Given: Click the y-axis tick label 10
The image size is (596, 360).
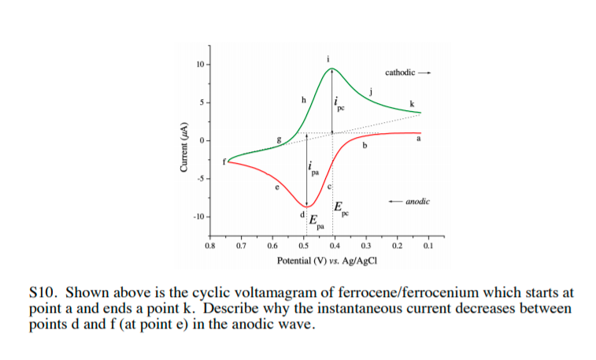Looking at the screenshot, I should click(x=200, y=64).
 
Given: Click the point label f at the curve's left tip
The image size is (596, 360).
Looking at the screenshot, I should click(x=224, y=161).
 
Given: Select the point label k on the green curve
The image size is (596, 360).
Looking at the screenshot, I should click(x=412, y=103).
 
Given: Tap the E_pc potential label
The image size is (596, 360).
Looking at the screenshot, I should click(x=340, y=209).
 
